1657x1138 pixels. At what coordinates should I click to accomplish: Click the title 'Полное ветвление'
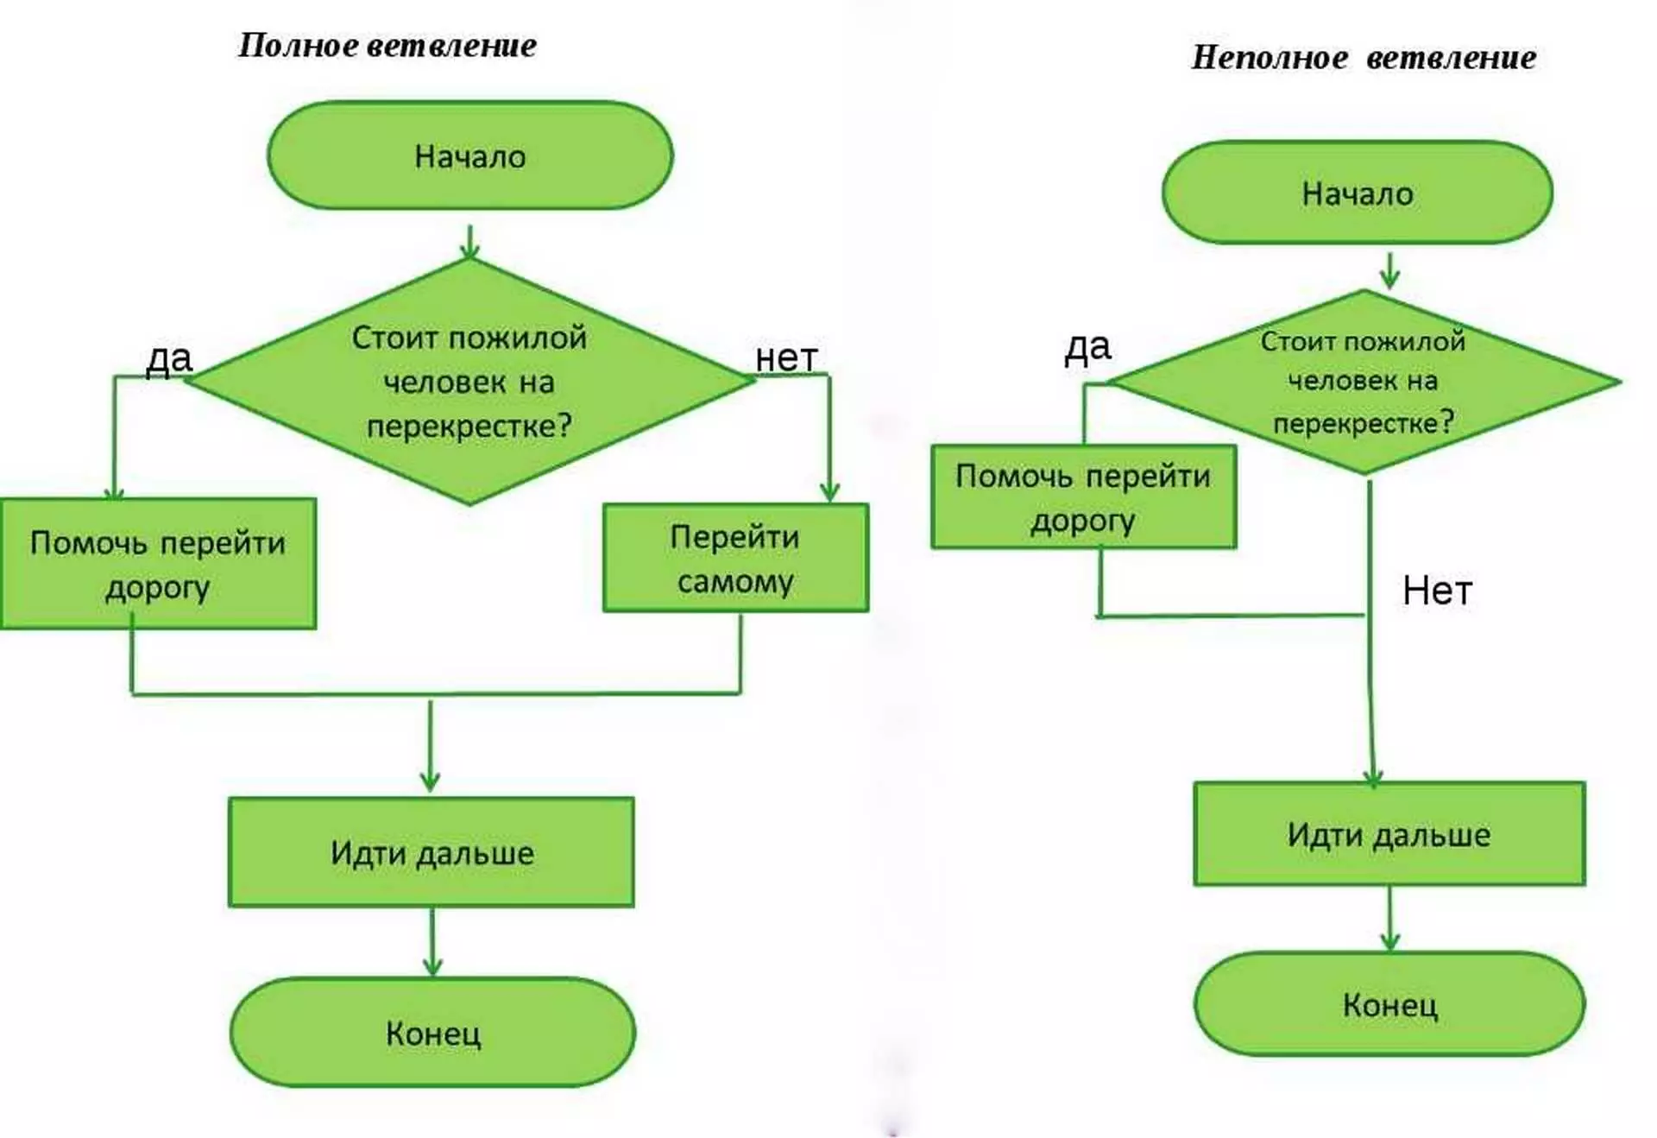click(x=387, y=45)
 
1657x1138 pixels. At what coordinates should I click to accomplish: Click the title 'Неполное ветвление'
click(x=1364, y=58)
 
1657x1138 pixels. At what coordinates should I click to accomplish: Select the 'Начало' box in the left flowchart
click(x=469, y=155)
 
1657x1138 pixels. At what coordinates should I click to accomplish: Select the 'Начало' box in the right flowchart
click(x=1357, y=193)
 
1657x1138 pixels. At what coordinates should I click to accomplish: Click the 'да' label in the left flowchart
click(x=168, y=357)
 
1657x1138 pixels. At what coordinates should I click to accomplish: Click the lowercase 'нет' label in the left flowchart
click(x=785, y=357)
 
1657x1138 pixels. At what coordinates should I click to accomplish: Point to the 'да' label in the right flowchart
click(x=1087, y=347)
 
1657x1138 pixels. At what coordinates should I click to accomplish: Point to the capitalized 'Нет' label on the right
click(x=1437, y=591)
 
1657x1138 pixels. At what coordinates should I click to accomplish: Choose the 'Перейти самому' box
click(x=735, y=559)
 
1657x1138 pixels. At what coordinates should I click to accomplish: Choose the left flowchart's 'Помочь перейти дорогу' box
click(x=158, y=564)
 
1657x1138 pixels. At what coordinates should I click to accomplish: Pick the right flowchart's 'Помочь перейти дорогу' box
click(x=1083, y=497)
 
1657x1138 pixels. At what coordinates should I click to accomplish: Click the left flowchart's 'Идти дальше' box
click(x=432, y=852)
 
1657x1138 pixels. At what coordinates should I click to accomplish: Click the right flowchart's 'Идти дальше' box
click(x=1389, y=834)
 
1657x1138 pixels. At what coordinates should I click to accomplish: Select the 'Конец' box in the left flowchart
click(x=432, y=1033)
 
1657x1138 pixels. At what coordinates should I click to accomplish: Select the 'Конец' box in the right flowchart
click(x=1389, y=1004)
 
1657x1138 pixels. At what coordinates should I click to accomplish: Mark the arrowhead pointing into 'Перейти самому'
click(x=829, y=492)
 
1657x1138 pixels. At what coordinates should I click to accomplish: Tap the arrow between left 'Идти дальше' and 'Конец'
click(x=432, y=941)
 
